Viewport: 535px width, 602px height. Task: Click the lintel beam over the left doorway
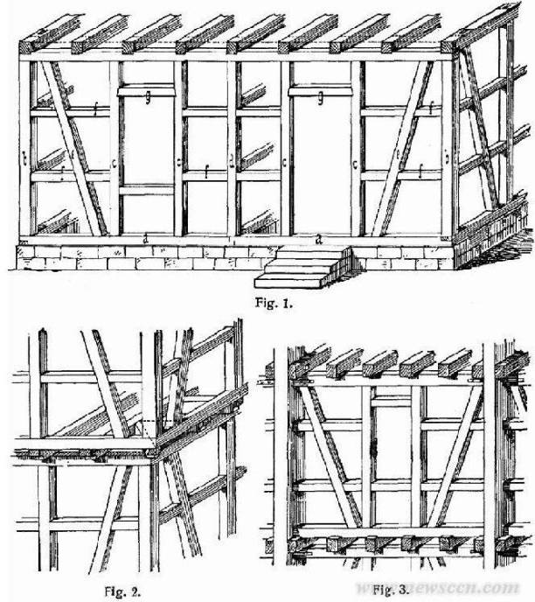pos(148,91)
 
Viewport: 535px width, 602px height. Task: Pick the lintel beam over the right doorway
pos(323,91)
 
